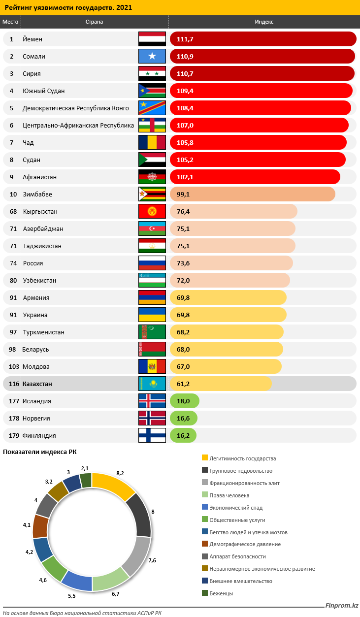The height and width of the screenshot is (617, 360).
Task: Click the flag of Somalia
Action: [x=152, y=56]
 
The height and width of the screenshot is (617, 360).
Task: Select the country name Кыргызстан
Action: [x=40, y=212]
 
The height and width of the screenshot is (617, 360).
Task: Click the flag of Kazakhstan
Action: [x=152, y=384]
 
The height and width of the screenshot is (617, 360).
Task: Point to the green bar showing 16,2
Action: [x=183, y=435]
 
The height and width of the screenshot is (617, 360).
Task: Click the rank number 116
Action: [x=14, y=384]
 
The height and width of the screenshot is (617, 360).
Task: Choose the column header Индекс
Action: [x=264, y=22]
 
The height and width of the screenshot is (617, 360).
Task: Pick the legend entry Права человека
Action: [x=229, y=495]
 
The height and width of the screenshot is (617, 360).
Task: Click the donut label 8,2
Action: [x=120, y=473]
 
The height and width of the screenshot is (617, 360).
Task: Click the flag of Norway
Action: [x=152, y=418]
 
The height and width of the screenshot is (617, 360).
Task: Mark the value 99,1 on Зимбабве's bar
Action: [x=183, y=195]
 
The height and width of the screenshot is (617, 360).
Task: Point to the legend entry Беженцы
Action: [x=221, y=593]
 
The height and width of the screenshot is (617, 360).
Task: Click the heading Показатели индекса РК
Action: [x=40, y=452]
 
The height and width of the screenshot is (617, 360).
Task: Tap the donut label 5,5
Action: [x=71, y=596]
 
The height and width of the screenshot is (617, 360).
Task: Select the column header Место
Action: [x=10, y=22]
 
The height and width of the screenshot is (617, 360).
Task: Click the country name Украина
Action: [x=35, y=315]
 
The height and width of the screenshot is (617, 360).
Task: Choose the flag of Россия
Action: [x=152, y=263]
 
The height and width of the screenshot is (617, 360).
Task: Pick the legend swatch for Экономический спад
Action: [x=205, y=507]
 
